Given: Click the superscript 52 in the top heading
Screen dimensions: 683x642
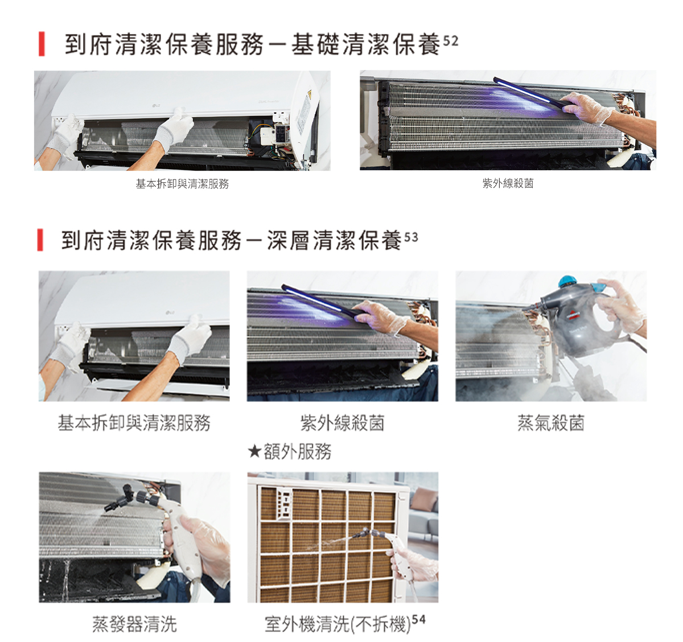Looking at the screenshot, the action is (451, 41).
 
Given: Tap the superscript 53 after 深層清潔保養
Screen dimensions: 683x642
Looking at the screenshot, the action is (411, 237).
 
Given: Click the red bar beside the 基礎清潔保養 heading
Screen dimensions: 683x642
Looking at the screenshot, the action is (42, 44).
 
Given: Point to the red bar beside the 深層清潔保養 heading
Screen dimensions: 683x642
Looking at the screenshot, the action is (40, 240).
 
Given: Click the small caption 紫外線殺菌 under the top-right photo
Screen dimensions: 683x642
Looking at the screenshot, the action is (508, 183).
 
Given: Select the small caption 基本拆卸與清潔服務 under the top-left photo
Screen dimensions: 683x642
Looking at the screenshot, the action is (182, 184).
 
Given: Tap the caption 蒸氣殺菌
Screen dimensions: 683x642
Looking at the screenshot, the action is (551, 423).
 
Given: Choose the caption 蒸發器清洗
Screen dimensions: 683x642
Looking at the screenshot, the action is (134, 624).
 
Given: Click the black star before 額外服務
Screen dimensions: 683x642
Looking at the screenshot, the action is (254, 451).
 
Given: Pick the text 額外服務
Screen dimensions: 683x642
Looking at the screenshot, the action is (298, 451).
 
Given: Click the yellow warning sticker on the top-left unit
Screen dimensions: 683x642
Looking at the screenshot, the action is (309, 94).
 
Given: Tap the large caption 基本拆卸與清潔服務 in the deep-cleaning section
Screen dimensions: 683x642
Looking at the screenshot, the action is (134, 423).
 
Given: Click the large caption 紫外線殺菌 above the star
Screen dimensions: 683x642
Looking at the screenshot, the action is (343, 423).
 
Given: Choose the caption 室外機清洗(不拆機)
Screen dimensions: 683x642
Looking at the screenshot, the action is (338, 624).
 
